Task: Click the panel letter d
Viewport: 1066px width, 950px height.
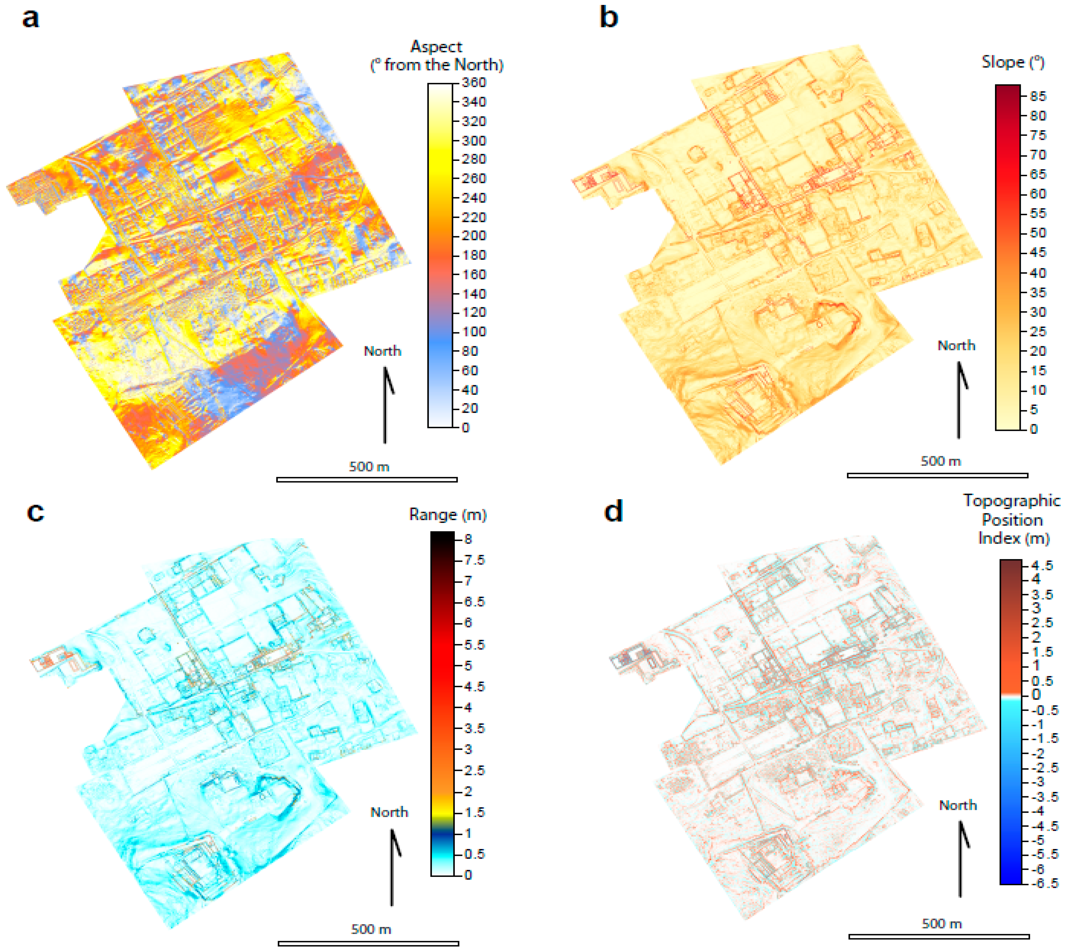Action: (x=613, y=511)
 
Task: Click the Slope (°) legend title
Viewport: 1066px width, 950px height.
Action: (x=1013, y=62)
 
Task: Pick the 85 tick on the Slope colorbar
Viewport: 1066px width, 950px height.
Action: (x=1038, y=96)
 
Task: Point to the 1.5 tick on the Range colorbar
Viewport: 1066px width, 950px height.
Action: (x=474, y=812)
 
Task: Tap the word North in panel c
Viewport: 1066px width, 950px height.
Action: (x=389, y=812)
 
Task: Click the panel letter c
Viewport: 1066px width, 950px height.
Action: (x=35, y=512)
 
